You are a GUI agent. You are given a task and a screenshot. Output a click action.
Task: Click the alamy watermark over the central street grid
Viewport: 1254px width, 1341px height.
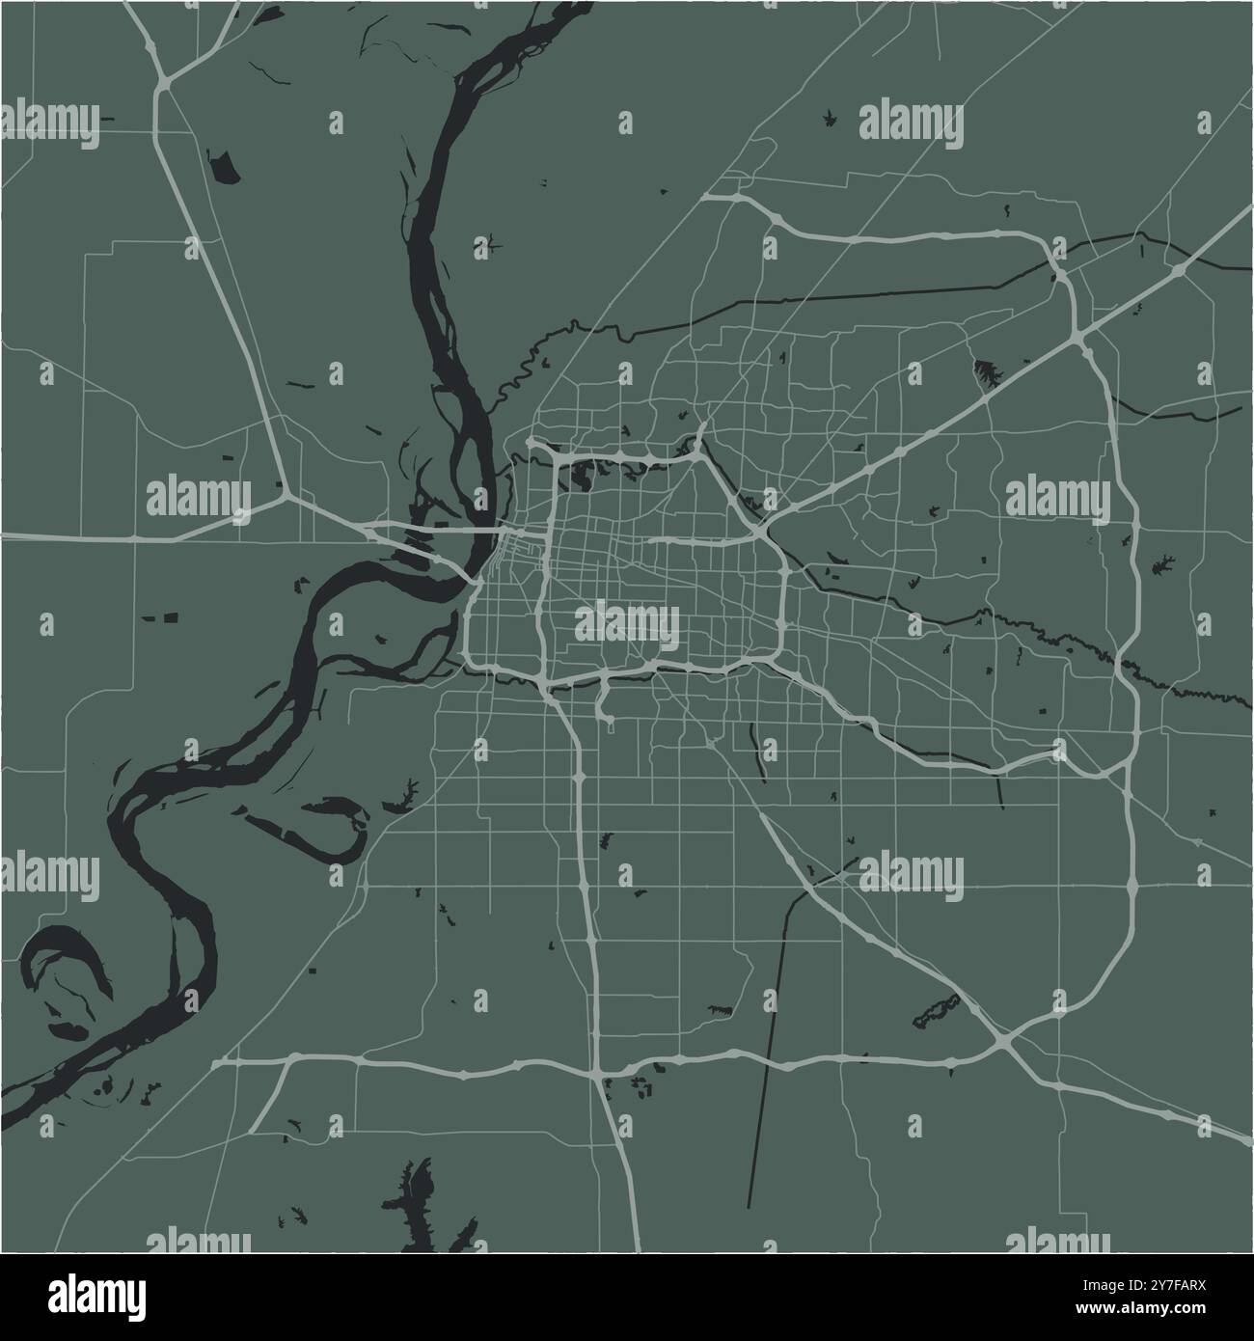(x=627, y=624)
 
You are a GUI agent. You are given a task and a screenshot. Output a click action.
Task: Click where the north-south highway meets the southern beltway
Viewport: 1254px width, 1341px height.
(x=598, y=1069)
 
